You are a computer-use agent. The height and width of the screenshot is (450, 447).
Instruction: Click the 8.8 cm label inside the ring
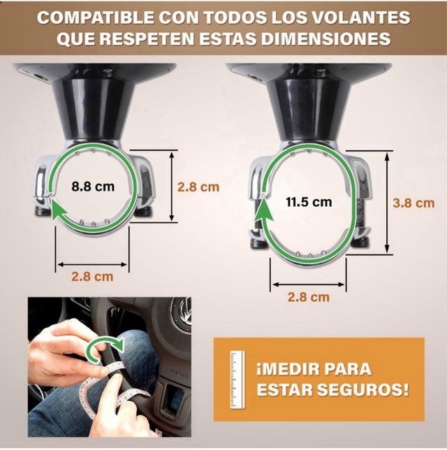(93, 187)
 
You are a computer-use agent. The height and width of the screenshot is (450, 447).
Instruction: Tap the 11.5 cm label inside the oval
(309, 202)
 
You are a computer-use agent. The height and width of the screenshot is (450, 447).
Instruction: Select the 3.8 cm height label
(413, 203)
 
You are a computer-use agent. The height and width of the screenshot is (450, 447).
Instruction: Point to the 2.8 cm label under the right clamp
(308, 297)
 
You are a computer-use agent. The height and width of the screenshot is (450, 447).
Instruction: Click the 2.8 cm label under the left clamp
(92, 277)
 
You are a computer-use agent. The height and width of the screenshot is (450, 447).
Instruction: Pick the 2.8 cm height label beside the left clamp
(198, 187)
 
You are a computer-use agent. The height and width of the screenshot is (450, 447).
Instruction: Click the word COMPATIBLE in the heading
(96, 17)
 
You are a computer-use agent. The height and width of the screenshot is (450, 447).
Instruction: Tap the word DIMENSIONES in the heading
(325, 38)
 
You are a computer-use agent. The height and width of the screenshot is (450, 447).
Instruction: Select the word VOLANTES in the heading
(361, 17)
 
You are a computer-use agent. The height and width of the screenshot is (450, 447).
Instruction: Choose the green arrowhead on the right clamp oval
(264, 210)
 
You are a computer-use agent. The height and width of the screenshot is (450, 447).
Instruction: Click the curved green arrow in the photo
(105, 348)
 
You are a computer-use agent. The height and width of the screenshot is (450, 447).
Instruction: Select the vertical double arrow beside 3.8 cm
(388, 202)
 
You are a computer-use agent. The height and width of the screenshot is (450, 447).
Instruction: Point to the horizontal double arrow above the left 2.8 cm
(92, 264)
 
